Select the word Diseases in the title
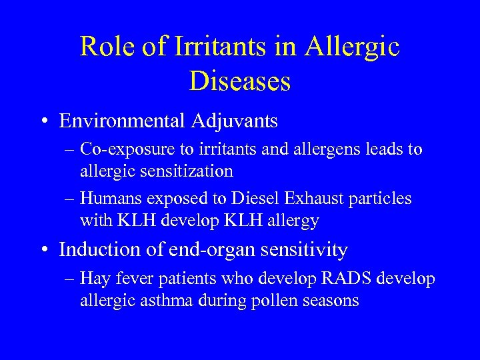click(x=240, y=81)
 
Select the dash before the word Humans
click(x=69, y=199)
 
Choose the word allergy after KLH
click(x=291, y=221)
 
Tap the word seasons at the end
click(x=331, y=301)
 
